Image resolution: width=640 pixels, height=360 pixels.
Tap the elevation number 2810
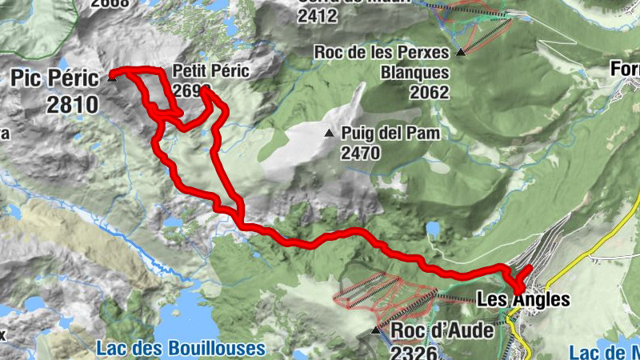click(x=72, y=104)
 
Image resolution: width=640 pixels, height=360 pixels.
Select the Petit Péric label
click(x=211, y=70)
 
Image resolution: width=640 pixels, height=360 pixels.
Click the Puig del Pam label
click(x=390, y=134)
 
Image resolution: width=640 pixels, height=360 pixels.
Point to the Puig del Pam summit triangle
click(x=329, y=133)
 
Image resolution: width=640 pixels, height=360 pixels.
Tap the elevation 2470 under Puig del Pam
click(x=360, y=153)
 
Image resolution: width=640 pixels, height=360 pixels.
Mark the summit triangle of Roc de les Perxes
click(x=461, y=54)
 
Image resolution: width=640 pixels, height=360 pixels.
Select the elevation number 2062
click(x=430, y=92)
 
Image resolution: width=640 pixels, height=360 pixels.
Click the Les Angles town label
click(x=523, y=300)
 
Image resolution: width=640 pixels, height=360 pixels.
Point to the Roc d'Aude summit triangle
click(x=376, y=330)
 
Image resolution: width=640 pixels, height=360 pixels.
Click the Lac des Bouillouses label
click(x=180, y=348)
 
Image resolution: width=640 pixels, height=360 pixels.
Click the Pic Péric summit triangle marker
click(x=112, y=78)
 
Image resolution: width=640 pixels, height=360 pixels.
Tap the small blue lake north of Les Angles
click(x=433, y=230)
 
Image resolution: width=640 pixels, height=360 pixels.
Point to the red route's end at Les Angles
click(x=529, y=267)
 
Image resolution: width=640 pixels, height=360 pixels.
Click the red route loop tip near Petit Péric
click(x=204, y=91)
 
